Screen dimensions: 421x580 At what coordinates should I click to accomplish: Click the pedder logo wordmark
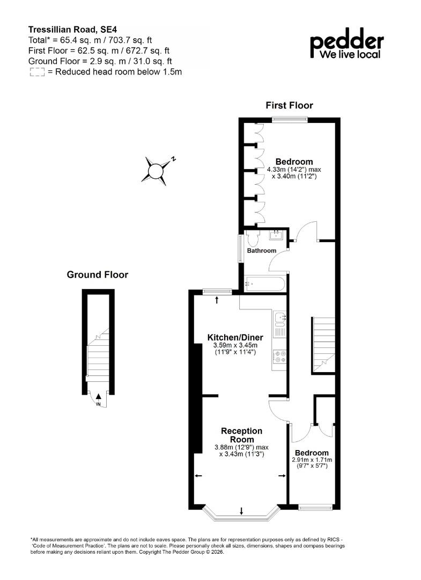click(347, 43)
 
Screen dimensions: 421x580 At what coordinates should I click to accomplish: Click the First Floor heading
click(289, 105)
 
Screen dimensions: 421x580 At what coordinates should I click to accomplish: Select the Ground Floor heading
click(98, 274)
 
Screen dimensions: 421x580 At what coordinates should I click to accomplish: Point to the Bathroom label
click(262, 250)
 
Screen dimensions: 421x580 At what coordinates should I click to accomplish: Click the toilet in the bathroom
click(253, 238)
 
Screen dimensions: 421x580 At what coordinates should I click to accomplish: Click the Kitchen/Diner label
click(235, 337)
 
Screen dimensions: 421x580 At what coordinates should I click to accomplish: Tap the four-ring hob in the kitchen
click(279, 356)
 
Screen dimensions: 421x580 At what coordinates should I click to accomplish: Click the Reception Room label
click(242, 435)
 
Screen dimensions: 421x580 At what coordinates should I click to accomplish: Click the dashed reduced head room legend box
click(37, 72)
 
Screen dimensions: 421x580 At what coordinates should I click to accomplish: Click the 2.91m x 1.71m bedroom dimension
click(312, 460)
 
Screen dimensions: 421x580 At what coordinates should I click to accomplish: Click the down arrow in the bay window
click(241, 511)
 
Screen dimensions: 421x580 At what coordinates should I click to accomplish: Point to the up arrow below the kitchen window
click(217, 300)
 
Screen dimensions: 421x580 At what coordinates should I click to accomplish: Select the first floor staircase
click(324, 345)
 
